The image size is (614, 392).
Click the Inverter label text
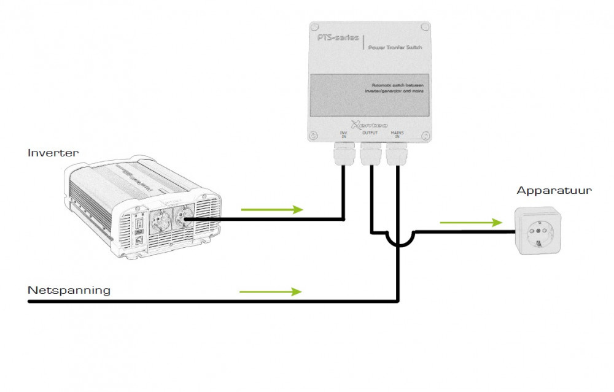(x=53, y=153)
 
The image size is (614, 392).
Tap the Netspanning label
(x=69, y=290)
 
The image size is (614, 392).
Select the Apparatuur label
(x=554, y=191)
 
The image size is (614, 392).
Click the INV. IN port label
(x=344, y=134)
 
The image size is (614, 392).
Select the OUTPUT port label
(x=370, y=132)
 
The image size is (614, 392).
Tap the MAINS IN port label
(x=397, y=134)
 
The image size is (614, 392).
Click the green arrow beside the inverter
(x=272, y=210)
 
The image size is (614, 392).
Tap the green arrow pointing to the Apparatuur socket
(x=471, y=223)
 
